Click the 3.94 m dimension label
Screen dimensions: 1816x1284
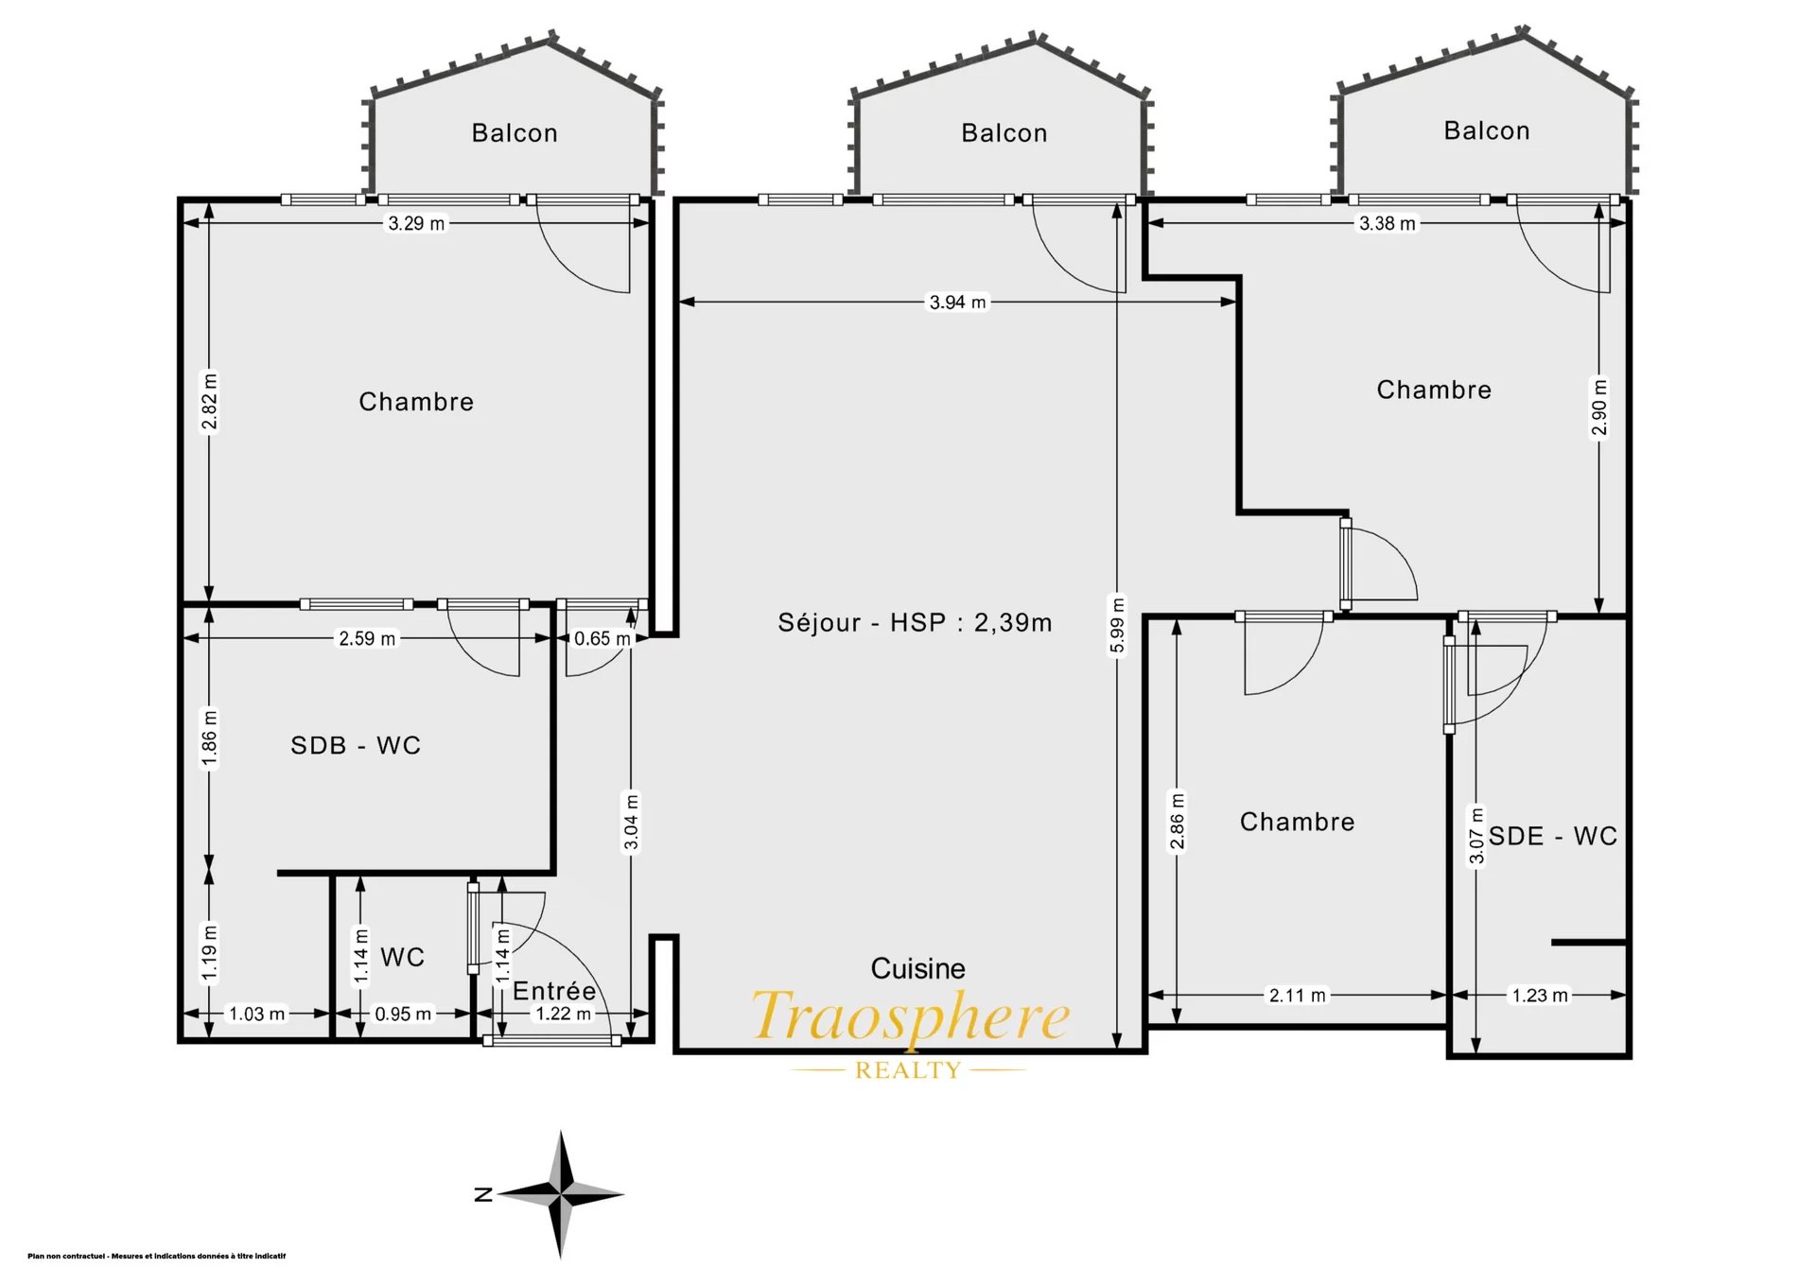(957, 303)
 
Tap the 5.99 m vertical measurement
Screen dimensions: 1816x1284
(1117, 625)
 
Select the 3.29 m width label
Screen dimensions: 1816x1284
(416, 224)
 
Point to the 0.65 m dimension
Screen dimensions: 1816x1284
(602, 639)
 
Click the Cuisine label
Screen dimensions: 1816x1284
(917, 968)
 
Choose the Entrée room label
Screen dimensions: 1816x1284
(554, 991)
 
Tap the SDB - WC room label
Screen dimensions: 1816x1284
(356, 745)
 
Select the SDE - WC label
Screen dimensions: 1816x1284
(1552, 836)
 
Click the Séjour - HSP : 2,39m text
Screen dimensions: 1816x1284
(915, 622)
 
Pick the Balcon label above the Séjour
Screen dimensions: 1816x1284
(1004, 133)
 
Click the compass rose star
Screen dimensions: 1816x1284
(561, 1194)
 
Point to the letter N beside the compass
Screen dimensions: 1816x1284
(483, 1195)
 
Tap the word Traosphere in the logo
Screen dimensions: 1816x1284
(911, 1016)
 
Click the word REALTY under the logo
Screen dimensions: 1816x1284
(908, 1070)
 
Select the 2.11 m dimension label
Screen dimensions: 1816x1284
(1297, 996)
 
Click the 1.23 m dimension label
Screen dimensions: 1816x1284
(1540, 996)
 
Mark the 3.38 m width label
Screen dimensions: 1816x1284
(1388, 224)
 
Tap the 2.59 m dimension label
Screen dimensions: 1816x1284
(367, 639)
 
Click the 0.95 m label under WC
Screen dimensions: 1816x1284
(403, 1015)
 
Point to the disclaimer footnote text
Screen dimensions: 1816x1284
(157, 1257)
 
